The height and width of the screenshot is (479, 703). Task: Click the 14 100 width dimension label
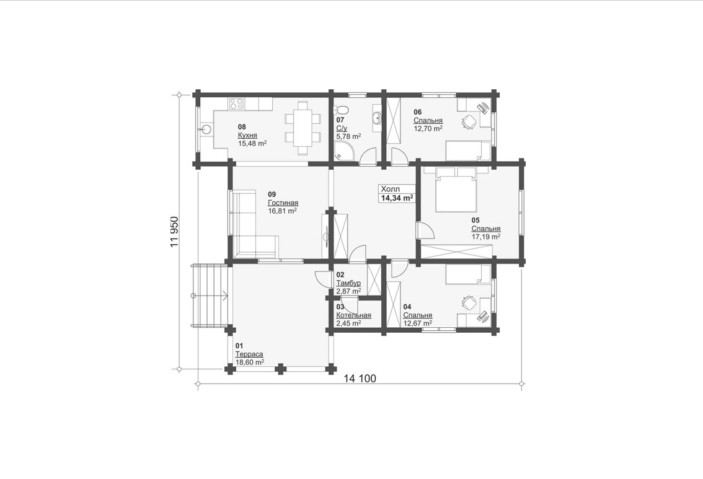point(360,379)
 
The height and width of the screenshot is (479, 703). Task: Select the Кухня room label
point(247,135)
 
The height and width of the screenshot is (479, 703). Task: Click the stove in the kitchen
point(236,104)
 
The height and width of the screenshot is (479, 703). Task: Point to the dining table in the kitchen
point(303,128)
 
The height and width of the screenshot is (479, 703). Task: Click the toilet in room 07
point(341,109)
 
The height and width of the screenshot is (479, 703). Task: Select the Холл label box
point(397,193)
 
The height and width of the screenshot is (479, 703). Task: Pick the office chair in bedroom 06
point(469,121)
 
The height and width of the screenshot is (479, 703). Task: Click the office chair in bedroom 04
point(469,302)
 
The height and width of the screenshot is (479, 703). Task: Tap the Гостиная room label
point(283,203)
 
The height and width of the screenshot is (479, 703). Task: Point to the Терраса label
point(249,354)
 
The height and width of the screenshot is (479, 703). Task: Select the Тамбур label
point(348,283)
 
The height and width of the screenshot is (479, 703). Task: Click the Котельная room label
point(354,315)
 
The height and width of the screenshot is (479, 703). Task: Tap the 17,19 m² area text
point(486,236)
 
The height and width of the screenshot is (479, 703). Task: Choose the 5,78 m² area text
point(349,136)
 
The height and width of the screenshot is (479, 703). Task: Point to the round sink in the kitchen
point(206,130)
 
